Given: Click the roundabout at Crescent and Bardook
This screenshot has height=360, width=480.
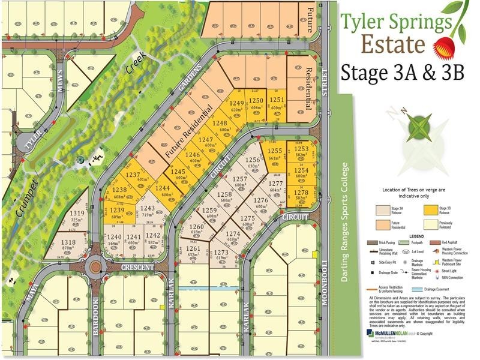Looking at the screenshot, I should [x=94, y=265].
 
